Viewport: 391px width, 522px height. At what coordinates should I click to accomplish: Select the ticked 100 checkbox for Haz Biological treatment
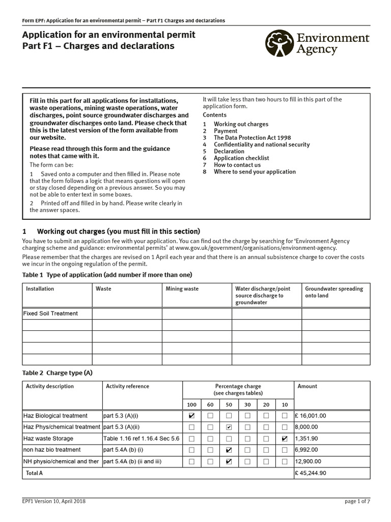[191, 416]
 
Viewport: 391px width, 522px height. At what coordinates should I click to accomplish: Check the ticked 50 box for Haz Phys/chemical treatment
[229, 427]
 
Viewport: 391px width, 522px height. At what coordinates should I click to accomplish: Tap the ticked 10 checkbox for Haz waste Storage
[284, 438]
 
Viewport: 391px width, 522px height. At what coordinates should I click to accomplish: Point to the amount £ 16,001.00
[314, 416]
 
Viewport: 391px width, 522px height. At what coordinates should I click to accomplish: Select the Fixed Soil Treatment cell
[51, 314]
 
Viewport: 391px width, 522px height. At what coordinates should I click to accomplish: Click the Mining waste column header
[182, 289]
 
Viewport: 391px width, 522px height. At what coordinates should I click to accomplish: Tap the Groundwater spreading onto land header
[333, 292]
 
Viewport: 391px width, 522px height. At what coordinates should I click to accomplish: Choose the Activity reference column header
[127, 386]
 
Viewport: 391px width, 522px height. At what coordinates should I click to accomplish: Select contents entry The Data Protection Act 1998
[245, 138]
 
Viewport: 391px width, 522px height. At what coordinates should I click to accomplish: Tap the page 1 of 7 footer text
[357, 502]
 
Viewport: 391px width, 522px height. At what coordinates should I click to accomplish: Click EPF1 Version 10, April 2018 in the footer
[54, 502]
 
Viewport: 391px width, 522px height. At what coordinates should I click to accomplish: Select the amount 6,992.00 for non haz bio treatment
[306, 450]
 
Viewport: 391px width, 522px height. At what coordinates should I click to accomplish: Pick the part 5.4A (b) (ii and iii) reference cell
[132, 461]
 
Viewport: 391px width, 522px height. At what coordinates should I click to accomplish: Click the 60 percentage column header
[210, 404]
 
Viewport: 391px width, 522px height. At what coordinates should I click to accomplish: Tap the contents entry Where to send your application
[255, 172]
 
